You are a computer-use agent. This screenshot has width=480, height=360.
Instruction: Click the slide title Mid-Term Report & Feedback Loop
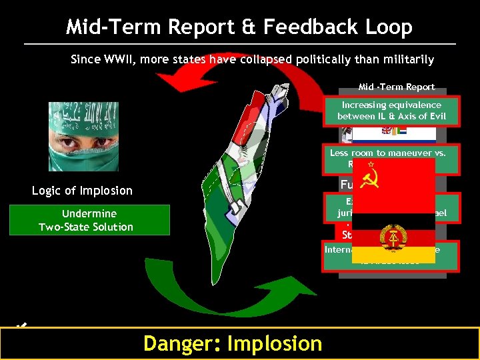pos(239,27)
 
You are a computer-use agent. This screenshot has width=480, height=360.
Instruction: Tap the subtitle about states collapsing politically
pos(252,59)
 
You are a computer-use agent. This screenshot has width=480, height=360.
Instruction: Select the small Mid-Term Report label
pos(396,87)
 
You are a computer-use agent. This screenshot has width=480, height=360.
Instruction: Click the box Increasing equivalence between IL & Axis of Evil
pos(391,111)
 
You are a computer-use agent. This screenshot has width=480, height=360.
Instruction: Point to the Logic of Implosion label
pos(82,191)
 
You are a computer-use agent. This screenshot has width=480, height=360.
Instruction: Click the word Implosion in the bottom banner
pos(275,343)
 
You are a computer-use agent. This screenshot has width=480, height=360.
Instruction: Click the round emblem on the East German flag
pos(388,237)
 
